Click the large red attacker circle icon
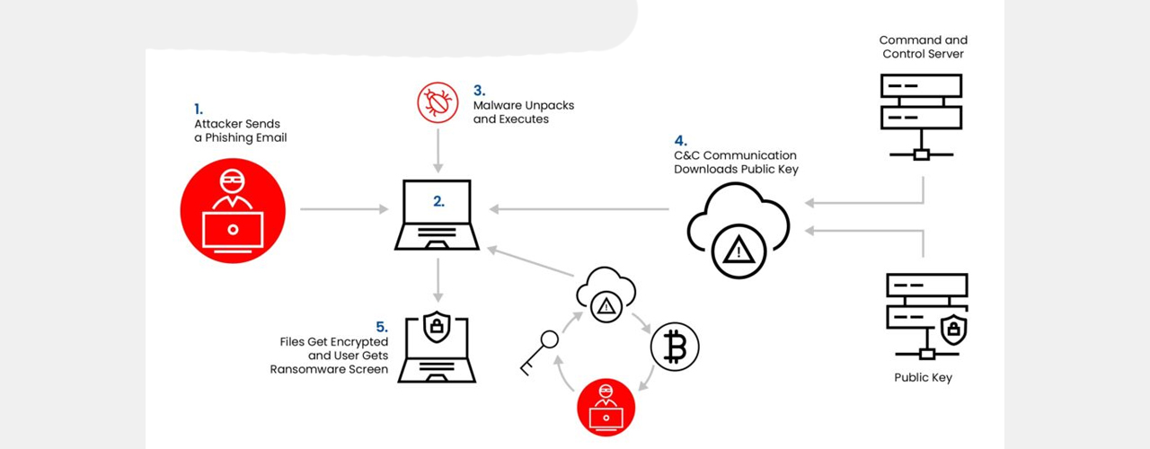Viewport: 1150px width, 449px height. [233, 210]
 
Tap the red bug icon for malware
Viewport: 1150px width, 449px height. [438, 102]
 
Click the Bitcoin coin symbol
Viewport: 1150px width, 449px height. [674, 347]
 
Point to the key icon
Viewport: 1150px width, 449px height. [539, 354]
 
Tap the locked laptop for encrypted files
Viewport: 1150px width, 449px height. [437, 347]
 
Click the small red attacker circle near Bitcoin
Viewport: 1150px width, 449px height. [606, 407]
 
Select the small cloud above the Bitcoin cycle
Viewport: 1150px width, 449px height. [606, 295]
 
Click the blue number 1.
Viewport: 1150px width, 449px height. [199, 110]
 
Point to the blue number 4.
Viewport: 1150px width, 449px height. [680, 140]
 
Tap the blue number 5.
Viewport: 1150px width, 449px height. [382, 327]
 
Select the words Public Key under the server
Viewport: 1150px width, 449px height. [923, 378]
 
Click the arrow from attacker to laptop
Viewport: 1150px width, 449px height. [344, 209]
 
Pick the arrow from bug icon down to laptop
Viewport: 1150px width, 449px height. [438, 151]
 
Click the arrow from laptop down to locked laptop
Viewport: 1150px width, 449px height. [438, 281]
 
